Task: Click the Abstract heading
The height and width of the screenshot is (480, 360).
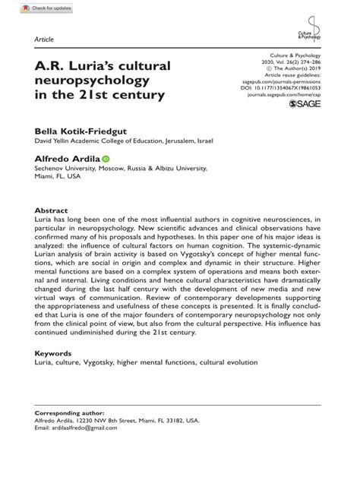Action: pyautogui.click(x=52, y=210)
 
